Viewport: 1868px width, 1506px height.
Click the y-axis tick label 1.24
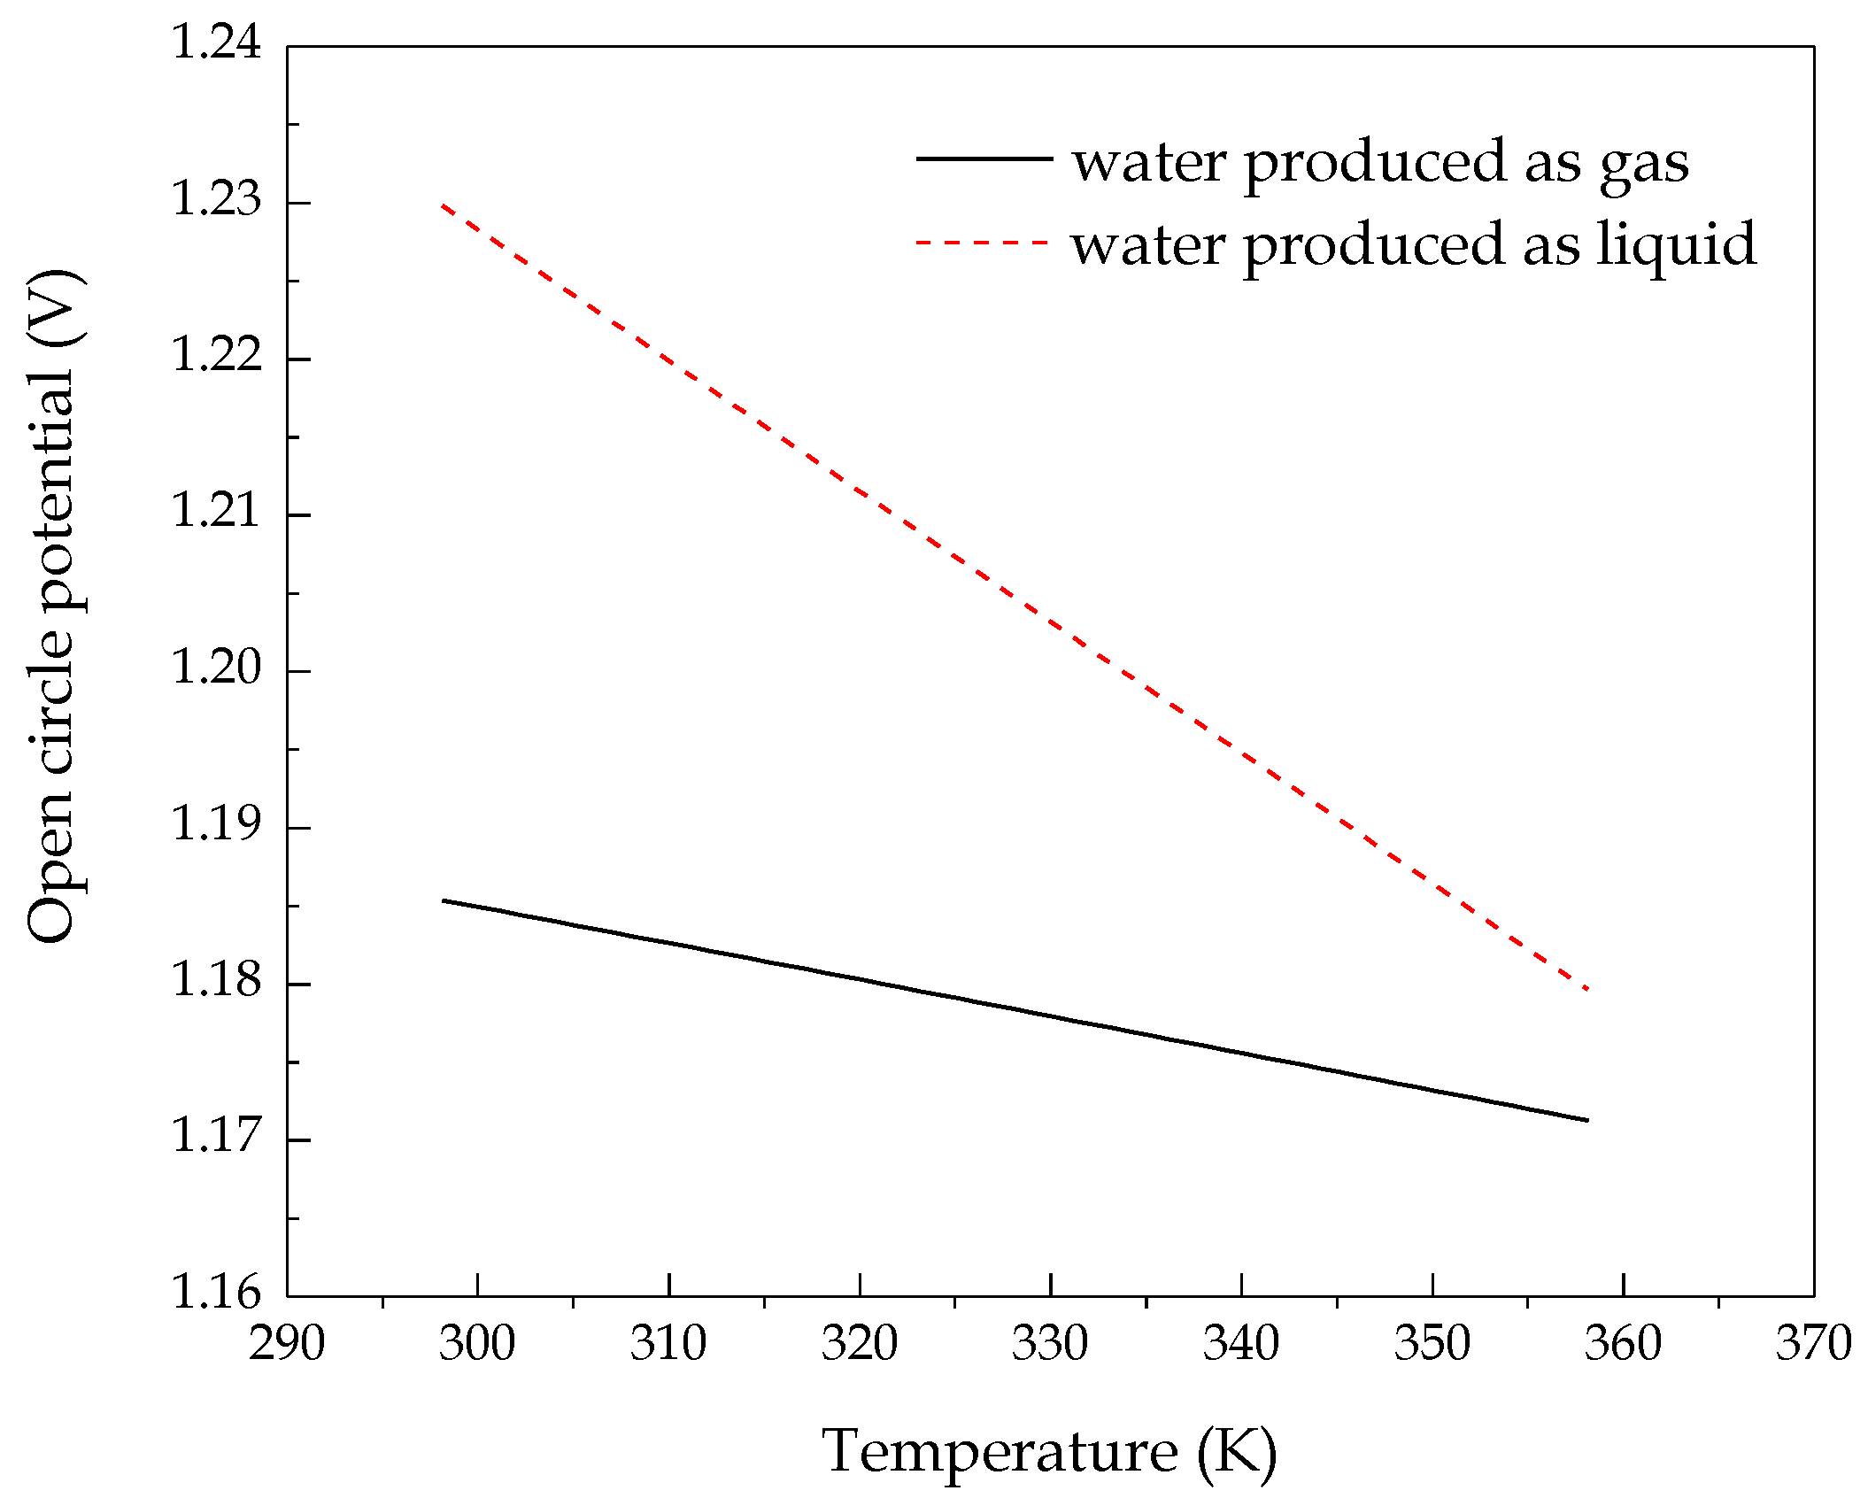click(216, 42)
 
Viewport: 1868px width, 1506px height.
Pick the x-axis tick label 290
click(287, 1343)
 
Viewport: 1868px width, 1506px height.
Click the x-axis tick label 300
click(477, 1343)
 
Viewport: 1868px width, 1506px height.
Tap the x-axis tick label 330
click(1050, 1343)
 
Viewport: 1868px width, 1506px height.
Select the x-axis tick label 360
click(1623, 1343)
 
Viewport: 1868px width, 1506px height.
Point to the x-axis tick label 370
click(1813, 1343)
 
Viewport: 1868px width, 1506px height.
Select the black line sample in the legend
click(984, 158)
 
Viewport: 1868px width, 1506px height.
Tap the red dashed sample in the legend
click(984, 242)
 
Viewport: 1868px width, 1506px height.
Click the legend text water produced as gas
click(1380, 164)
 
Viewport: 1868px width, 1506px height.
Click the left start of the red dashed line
click(443, 205)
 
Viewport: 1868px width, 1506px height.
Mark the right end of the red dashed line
click(1588, 989)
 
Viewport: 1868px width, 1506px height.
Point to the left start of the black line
click(443, 900)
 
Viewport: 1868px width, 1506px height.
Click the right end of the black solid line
click(1588, 1120)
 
